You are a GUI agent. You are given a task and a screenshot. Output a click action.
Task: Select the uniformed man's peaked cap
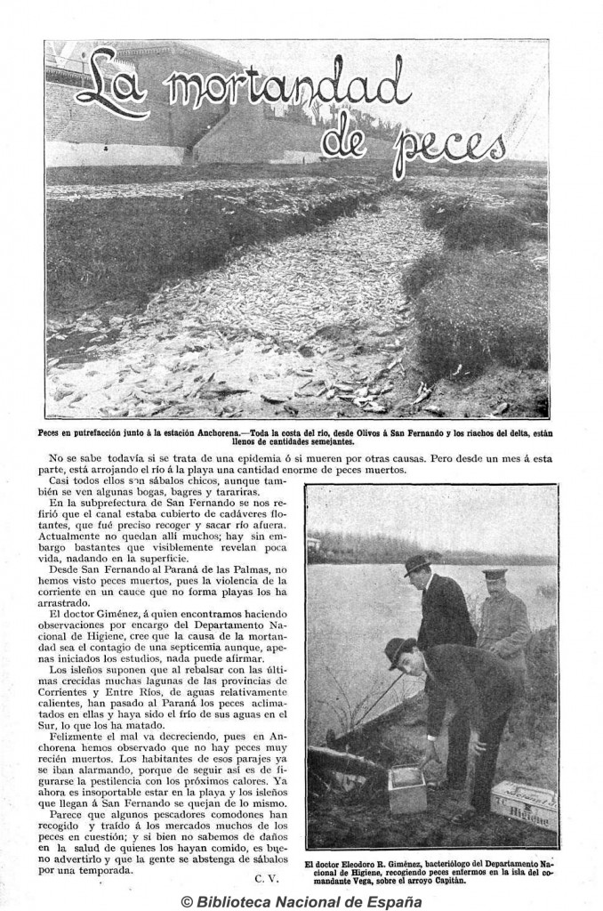click(494, 575)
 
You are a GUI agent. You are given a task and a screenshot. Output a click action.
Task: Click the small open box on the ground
click(407, 788)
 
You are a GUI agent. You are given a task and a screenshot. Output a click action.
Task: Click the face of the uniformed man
click(494, 590)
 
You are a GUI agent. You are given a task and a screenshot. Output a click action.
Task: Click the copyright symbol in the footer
click(186, 900)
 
